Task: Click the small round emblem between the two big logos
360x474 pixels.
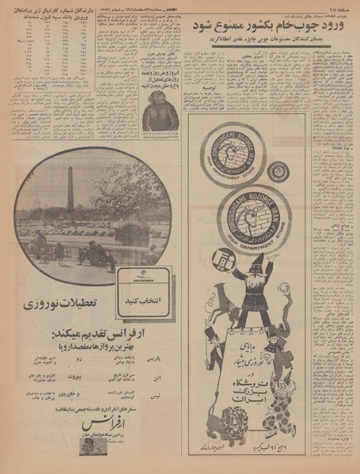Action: click(x=278, y=171)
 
